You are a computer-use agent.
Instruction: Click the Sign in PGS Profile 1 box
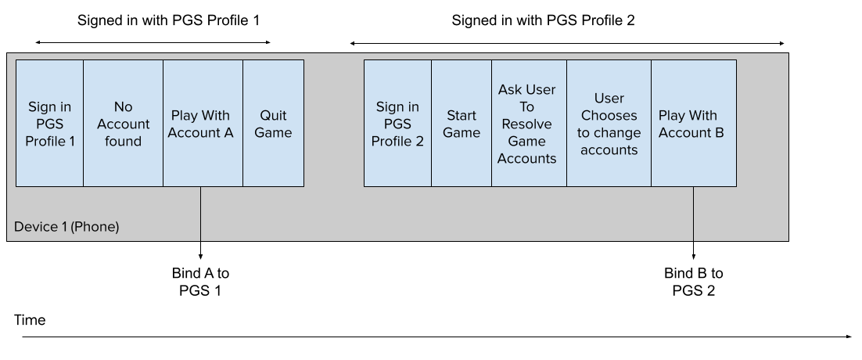[49, 124]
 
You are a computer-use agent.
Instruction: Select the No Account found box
[123, 124]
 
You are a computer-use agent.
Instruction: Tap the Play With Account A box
[203, 124]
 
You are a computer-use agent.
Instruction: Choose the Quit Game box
[273, 124]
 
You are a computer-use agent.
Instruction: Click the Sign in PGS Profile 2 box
[397, 124]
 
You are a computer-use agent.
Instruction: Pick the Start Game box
[462, 124]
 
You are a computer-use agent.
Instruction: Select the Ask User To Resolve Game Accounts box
[529, 124]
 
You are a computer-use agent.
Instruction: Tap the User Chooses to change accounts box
[609, 124]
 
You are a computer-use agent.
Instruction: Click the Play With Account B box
[693, 124]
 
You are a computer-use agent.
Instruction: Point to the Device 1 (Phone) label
[66, 227]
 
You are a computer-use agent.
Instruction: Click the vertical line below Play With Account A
[201, 214]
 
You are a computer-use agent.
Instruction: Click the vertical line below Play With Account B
[693, 214]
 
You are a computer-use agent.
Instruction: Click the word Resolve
[526, 124]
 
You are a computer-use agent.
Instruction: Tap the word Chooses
[609, 116]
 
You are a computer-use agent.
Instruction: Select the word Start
[462, 116]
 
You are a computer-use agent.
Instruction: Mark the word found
[123, 142]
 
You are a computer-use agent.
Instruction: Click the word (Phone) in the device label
[95, 227]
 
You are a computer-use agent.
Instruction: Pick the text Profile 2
[397, 142]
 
